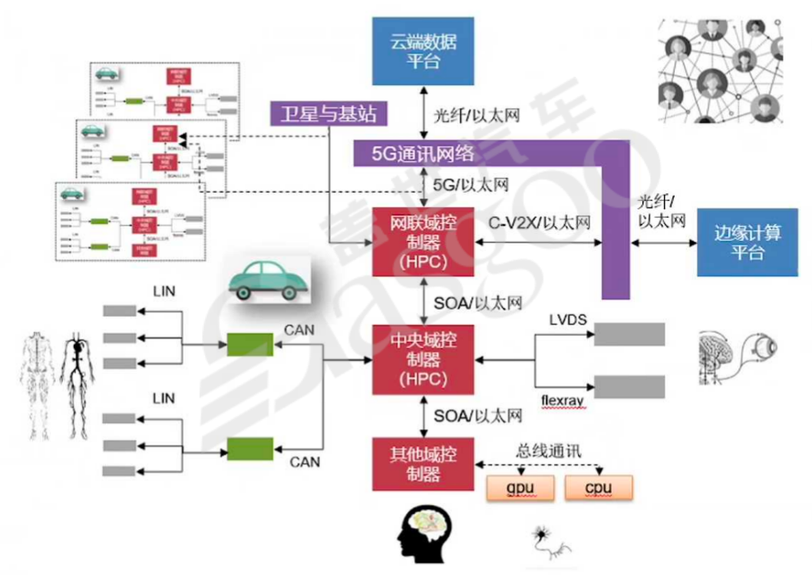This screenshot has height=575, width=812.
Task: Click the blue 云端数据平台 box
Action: (423, 51)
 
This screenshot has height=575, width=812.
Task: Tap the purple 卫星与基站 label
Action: (328, 114)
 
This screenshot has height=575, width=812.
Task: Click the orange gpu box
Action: (520, 488)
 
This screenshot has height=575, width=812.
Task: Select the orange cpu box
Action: (599, 488)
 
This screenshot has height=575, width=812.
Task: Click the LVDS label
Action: (569, 317)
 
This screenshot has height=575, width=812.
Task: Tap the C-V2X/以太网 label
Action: (540, 223)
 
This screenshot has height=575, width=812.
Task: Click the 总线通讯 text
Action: (548, 450)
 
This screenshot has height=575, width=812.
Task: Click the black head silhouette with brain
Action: (426, 531)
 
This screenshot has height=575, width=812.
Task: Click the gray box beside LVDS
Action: (630, 334)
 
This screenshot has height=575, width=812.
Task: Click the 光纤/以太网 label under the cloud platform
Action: (477, 116)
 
